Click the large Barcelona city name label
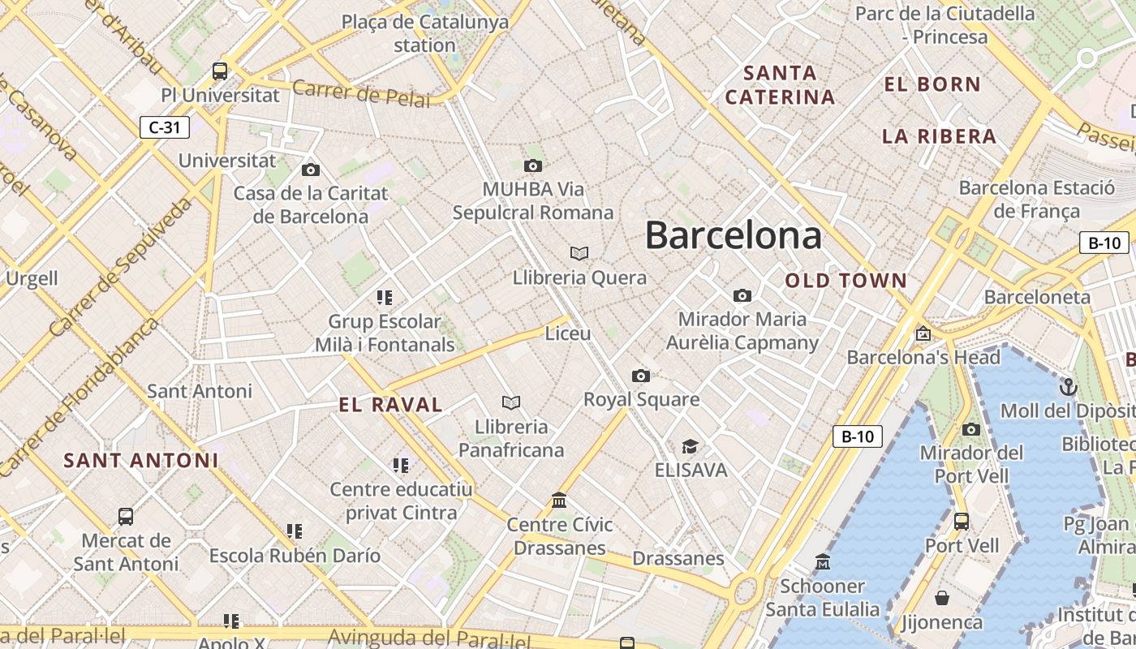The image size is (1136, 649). pyautogui.click(x=733, y=235)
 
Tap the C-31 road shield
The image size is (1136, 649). pyautogui.click(x=165, y=127)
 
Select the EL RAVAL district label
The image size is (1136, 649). pyautogui.click(x=390, y=405)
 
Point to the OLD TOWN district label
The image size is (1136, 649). pyautogui.click(x=846, y=281)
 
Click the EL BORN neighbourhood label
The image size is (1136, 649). pyautogui.click(x=932, y=84)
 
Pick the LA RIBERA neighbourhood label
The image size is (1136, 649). pyautogui.click(x=939, y=136)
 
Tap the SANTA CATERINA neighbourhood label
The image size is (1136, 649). pyautogui.click(x=780, y=85)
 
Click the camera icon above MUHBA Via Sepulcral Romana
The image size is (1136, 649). pyautogui.click(x=533, y=166)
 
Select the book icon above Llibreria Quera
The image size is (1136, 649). pyautogui.click(x=579, y=254)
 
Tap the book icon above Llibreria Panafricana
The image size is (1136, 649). pyautogui.click(x=511, y=402)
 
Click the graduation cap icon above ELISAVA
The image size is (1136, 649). pyautogui.click(x=690, y=447)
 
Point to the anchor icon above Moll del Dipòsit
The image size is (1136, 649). pyautogui.click(x=1069, y=387)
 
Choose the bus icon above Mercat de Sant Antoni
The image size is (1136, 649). pyautogui.click(x=126, y=517)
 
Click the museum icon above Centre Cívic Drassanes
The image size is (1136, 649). pyautogui.click(x=559, y=501)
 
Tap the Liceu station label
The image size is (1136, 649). pyautogui.click(x=568, y=333)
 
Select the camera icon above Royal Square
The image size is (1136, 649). pyautogui.click(x=641, y=376)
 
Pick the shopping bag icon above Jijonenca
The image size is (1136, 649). pyautogui.click(x=942, y=598)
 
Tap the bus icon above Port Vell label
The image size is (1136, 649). pyautogui.click(x=962, y=522)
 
